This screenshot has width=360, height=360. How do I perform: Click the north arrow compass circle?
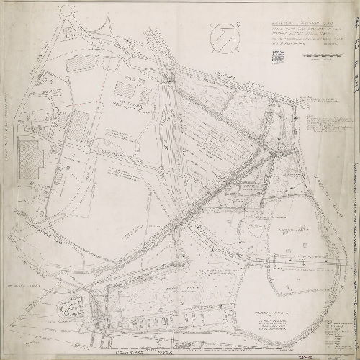pos(223,34)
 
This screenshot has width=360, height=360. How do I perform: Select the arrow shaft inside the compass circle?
pos(223,34)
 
